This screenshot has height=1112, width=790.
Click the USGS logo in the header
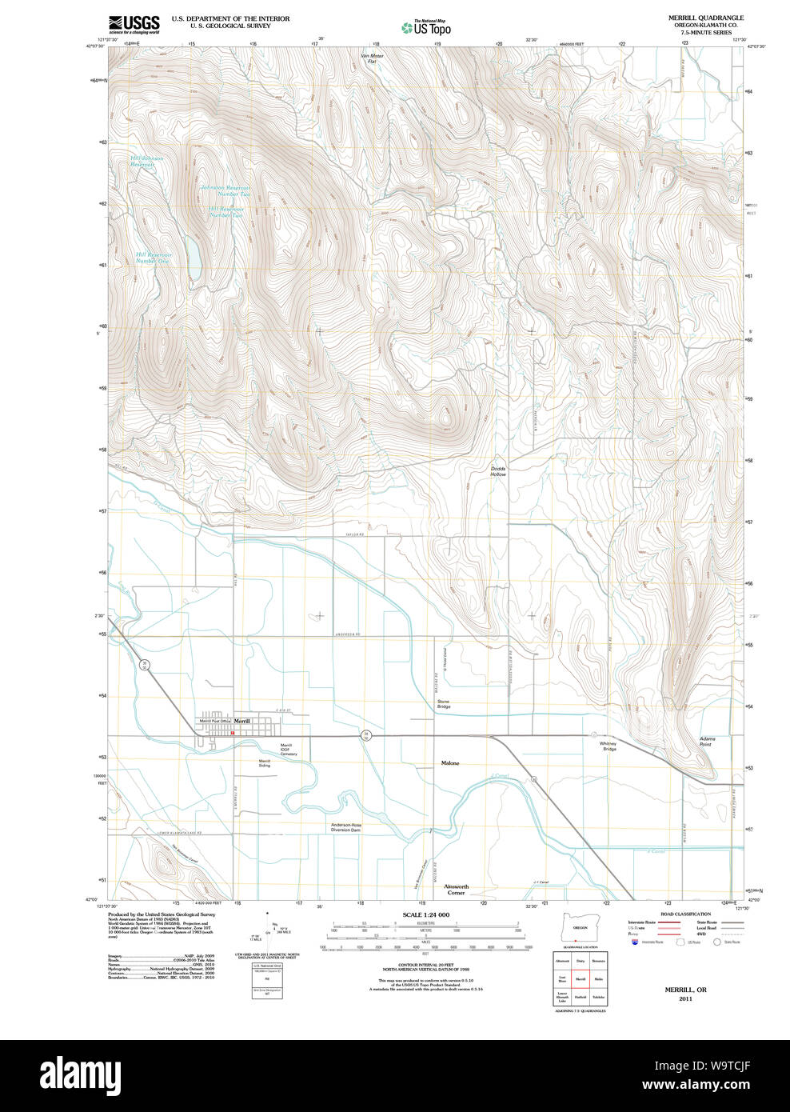point(134,23)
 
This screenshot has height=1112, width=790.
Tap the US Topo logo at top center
point(426,28)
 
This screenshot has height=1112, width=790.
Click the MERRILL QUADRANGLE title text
point(694,18)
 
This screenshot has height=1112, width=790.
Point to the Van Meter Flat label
point(372,58)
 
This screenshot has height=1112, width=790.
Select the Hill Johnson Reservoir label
point(147,161)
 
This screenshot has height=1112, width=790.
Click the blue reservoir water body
point(194,258)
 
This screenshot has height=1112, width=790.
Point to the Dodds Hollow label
point(498,471)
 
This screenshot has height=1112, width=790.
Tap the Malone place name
point(450,763)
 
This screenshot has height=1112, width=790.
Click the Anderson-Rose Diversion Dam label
point(346,827)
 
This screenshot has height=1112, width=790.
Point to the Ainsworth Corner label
point(456,890)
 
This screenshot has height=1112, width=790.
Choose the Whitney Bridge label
point(609,746)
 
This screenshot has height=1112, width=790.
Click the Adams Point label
point(706,742)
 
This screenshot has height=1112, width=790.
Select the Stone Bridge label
point(444,704)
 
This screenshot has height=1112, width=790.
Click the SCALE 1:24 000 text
point(426,914)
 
